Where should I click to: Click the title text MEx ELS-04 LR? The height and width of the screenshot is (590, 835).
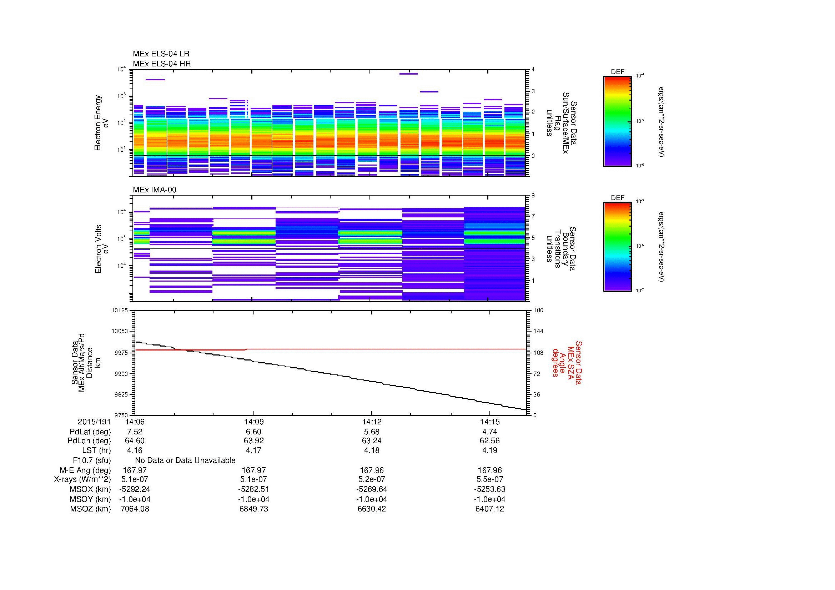pos(161,54)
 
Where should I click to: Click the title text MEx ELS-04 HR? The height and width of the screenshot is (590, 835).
pos(161,64)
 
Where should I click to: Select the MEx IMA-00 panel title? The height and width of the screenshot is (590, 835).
pos(155,190)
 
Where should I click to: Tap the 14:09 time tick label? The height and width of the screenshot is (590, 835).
pos(253,422)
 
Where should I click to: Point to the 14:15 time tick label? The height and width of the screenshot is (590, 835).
pos(490,422)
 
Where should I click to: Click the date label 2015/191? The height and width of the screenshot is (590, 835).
pos(94,422)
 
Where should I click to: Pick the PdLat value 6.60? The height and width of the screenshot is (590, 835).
pos(253,432)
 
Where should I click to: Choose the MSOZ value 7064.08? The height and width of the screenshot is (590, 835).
pos(135,509)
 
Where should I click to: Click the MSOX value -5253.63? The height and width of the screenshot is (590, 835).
pos(490,489)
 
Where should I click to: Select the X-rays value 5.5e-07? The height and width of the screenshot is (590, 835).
pos(490,479)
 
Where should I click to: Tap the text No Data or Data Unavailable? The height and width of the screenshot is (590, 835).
pos(185,460)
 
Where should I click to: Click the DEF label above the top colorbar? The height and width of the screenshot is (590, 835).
pos(617,72)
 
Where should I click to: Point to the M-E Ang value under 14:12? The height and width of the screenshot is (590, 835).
pos(371,470)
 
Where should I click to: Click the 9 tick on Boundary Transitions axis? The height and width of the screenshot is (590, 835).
pos(533,196)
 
